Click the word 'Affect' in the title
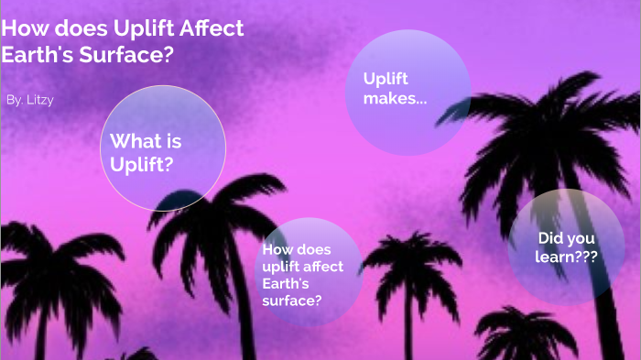click(x=212, y=28)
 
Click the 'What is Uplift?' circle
click(x=162, y=148)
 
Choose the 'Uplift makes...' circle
click(x=407, y=90)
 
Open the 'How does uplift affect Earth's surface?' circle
click(x=308, y=272)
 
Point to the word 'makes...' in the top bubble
click(x=395, y=98)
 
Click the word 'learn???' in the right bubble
click(x=566, y=257)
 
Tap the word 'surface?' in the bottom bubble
click(x=291, y=299)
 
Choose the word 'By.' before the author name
click(x=14, y=99)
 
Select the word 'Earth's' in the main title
click(x=38, y=55)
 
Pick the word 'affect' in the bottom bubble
click(x=323, y=266)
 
